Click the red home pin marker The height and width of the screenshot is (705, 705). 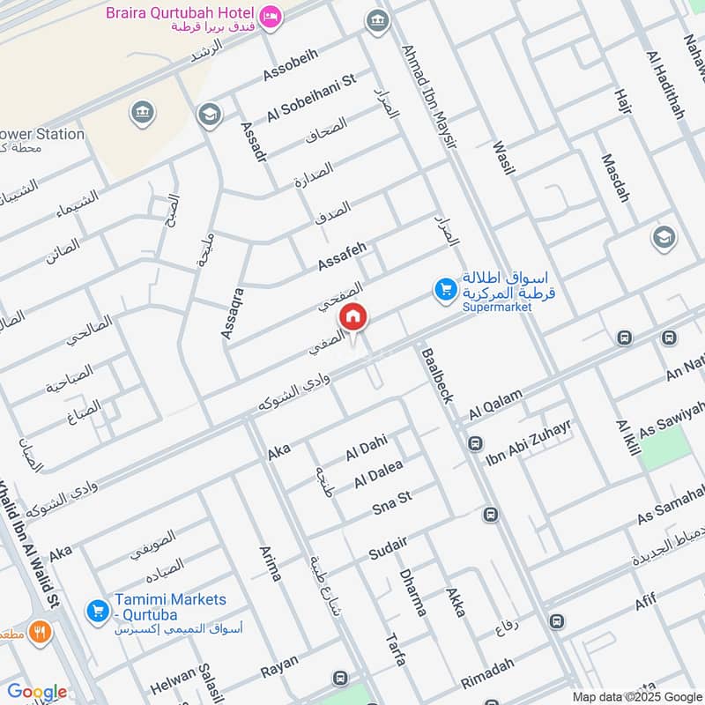tap(353, 317)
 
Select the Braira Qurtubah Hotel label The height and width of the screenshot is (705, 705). tap(181, 14)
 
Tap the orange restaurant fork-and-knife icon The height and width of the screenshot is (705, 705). tap(39, 631)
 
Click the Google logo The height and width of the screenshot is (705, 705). tap(37, 692)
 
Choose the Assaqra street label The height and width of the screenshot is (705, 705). tap(232, 313)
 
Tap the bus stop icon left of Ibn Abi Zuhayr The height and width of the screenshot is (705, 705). tap(475, 443)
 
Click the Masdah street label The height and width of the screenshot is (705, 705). tap(615, 178)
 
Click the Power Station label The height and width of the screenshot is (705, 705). tap(44, 135)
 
